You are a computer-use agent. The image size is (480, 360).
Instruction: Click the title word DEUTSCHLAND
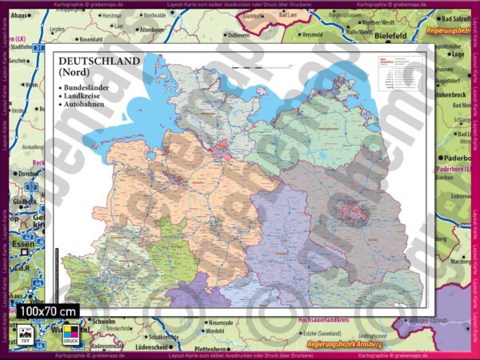97,61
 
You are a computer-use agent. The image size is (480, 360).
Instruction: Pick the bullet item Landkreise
84,94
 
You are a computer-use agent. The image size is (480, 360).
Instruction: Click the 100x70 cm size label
49,310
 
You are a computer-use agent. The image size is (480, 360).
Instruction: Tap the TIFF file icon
25,334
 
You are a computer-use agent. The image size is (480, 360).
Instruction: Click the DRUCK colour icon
70,334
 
